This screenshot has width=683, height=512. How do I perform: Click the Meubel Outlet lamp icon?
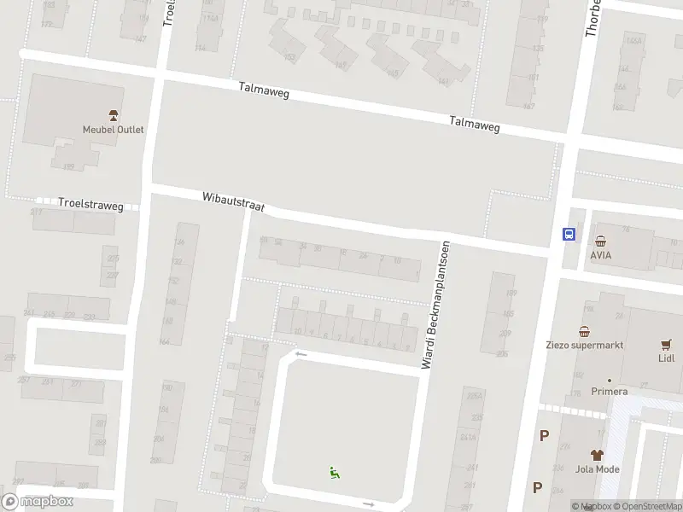click(x=113, y=115)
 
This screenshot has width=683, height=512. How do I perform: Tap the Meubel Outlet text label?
click(x=113, y=130)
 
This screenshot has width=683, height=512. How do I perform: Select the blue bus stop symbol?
click(x=567, y=235)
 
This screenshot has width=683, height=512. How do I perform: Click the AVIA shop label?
click(x=600, y=254)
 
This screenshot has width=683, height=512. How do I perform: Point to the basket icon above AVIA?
click(x=600, y=241)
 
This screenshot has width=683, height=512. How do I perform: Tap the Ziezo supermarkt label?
click(x=585, y=346)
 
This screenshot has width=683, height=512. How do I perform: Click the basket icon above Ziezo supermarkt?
click(x=585, y=331)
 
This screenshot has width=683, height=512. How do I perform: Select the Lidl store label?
click(x=666, y=358)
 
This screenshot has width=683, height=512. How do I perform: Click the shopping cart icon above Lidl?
click(x=666, y=344)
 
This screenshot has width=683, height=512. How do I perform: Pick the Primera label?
click(x=610, y=392)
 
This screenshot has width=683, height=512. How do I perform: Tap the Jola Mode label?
click(x=598, y=469)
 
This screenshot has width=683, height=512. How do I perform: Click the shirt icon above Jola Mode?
click(x=598, y=455)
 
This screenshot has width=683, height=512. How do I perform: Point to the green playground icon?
click(x=335, y=471)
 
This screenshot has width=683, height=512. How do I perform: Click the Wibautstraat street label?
click(x=234, y=201)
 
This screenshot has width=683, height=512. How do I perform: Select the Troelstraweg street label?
click(x=90, y=206)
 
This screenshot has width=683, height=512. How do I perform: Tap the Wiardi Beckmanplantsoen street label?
click(x=435, y=305)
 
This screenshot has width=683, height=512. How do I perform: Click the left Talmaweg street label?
click(x=264, y=91)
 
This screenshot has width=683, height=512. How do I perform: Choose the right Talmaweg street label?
click(x=475, y=125)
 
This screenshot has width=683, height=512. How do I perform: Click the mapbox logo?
click(x=38, y=502)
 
